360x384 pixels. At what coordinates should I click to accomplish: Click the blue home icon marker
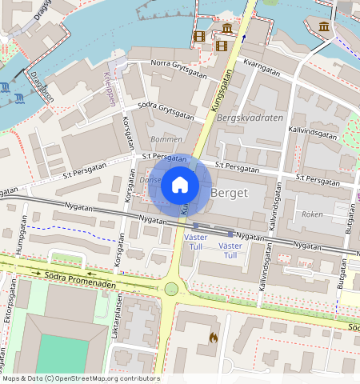pyautogui.click(x=180, y=186)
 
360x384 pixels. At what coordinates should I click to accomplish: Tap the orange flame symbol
pyautogui.click(x=213, y=338)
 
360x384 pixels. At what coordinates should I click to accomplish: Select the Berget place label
pyautogui.click(x=230, y=193)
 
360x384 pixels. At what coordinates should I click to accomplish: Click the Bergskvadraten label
pyautogui.click(x=249, y=118)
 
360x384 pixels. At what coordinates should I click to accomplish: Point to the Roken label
pyautogui.click(x=311, y=214)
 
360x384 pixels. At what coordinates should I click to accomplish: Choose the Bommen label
pyautogui.click(x=166, y=139)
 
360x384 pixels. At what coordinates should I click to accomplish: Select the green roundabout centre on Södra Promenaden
pyautogui.click(x=171, y=288)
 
